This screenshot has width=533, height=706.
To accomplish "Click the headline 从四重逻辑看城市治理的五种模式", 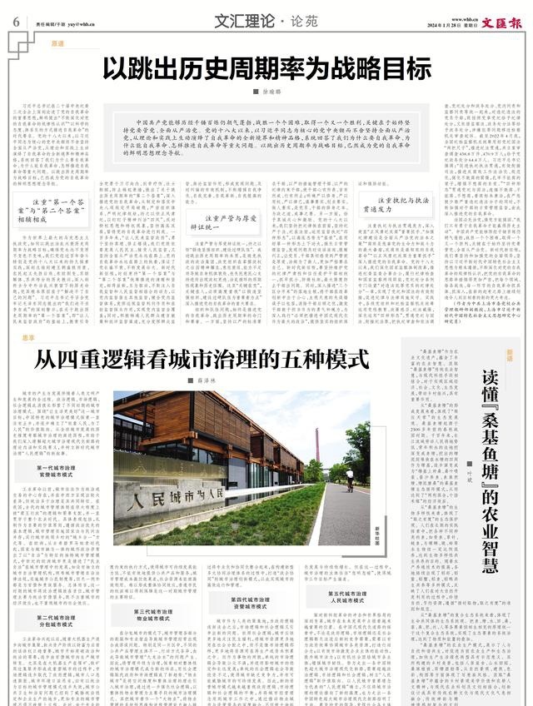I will point(201,360).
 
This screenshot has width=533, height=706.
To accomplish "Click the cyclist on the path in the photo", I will point(350,479).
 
